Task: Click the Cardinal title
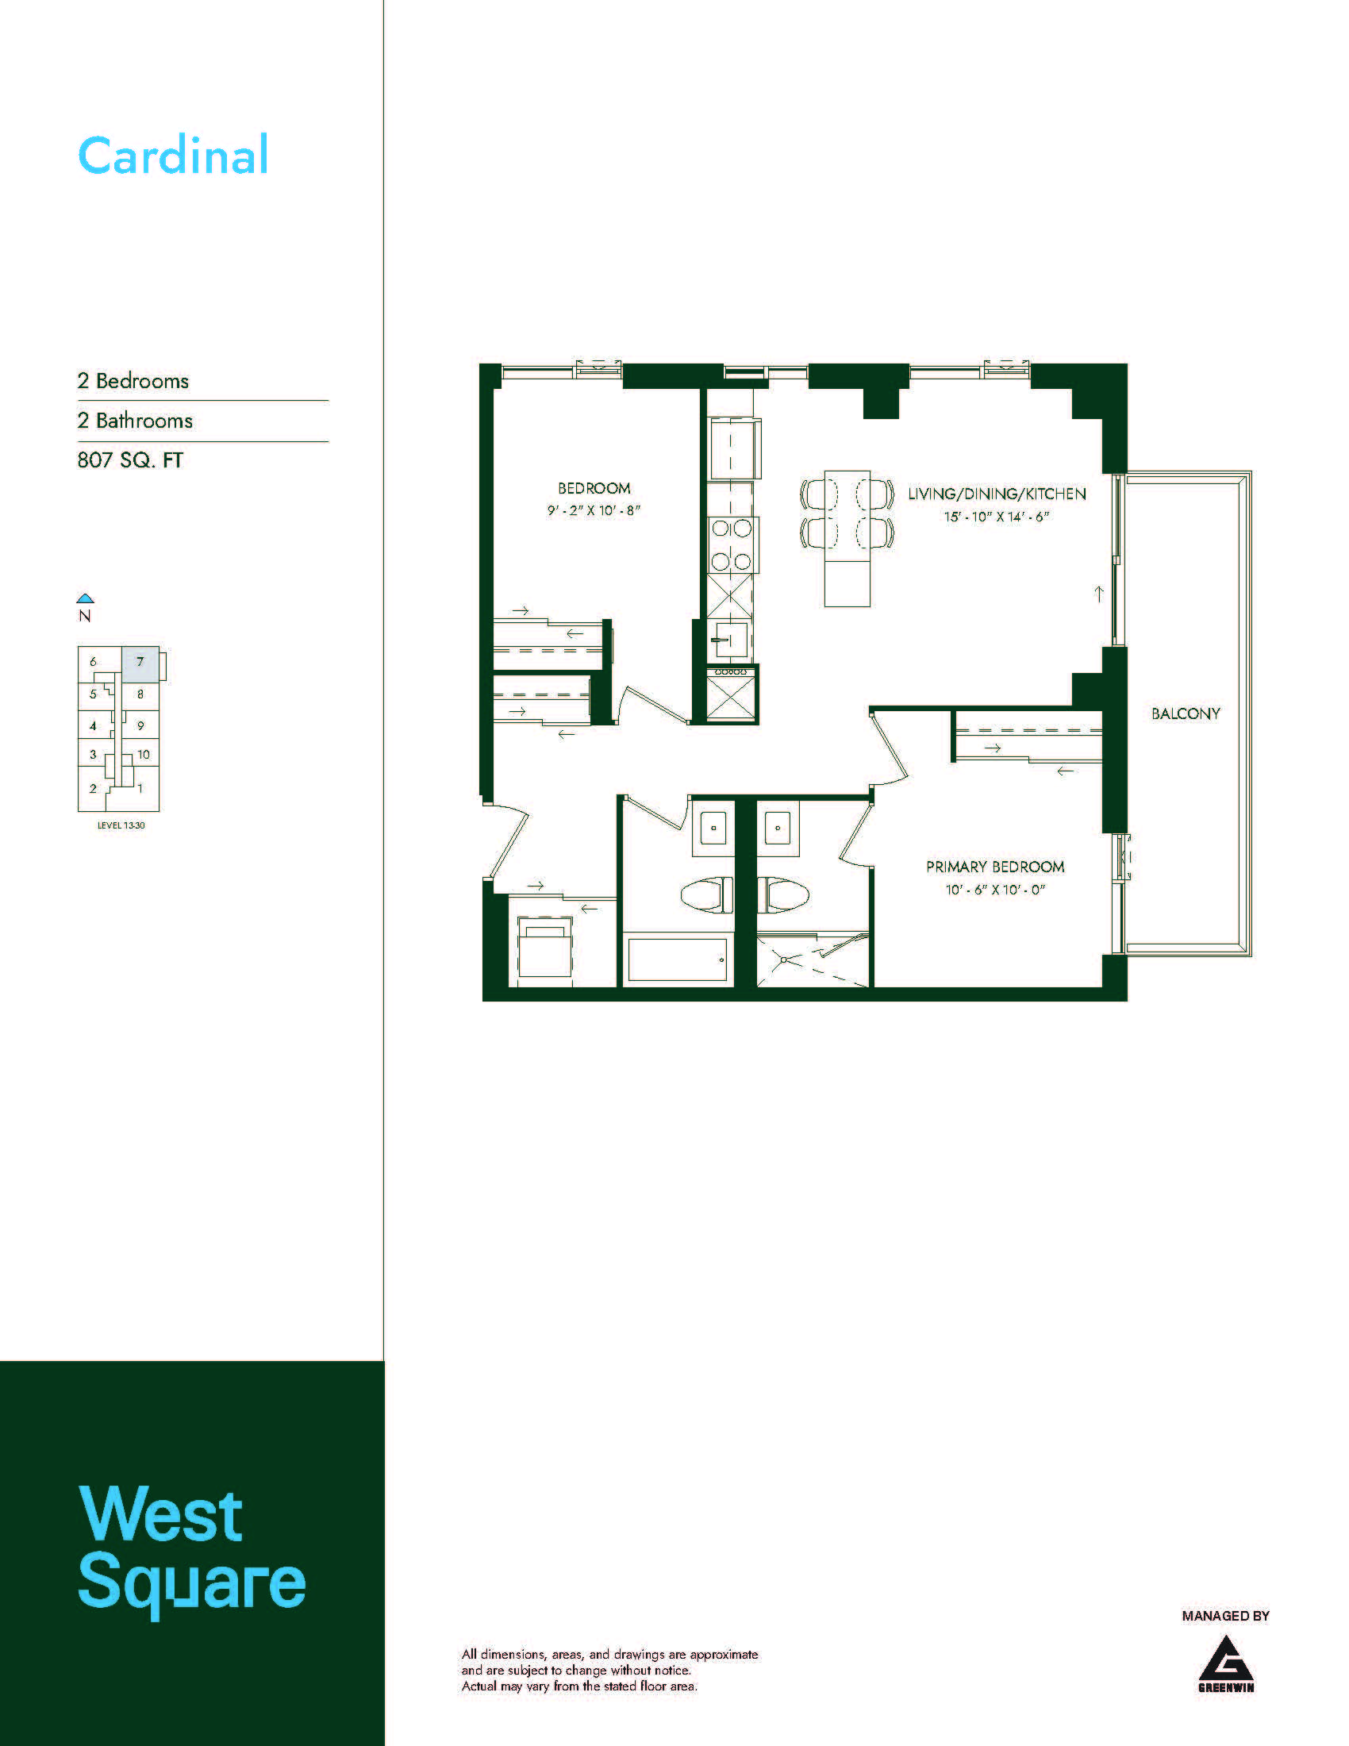click(x=173, y=155)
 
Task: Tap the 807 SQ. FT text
click(x=130, y=460)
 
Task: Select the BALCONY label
click(x=1186, y=714)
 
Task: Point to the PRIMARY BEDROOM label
click(x=995, y=867)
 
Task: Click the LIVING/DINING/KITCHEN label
click(x=997, y=494)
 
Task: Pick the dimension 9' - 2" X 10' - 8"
click(x=594, y=510)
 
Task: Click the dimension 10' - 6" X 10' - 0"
click(x=995, y=890)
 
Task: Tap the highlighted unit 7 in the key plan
click(x=140, y=663)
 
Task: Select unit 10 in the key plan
click(x=143, y=754)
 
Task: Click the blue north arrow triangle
click(x=86, y=598)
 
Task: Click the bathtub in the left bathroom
click(x=677, y=960)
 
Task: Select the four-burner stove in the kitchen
click(x=732, y=545)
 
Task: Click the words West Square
click(x=192, y=1551)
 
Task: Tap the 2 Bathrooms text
click(x=135, y=421)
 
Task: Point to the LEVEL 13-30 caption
click(x=121, y=825)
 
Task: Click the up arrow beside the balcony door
click(x=1099, y=594)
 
